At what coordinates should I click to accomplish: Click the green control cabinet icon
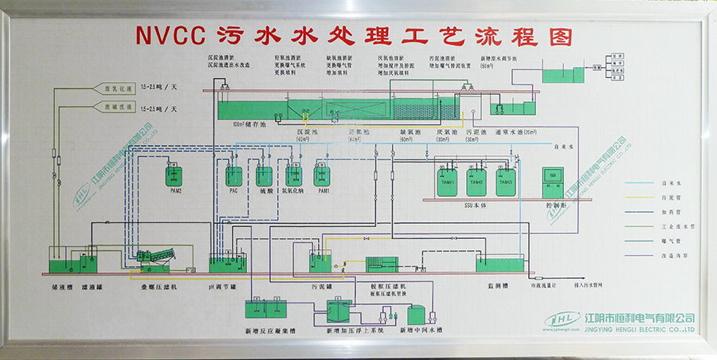[552, 181]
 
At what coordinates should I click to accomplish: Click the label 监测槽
[499, 284]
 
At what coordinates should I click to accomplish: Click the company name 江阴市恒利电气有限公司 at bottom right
[640, 318]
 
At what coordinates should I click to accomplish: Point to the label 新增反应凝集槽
[264, 329]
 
